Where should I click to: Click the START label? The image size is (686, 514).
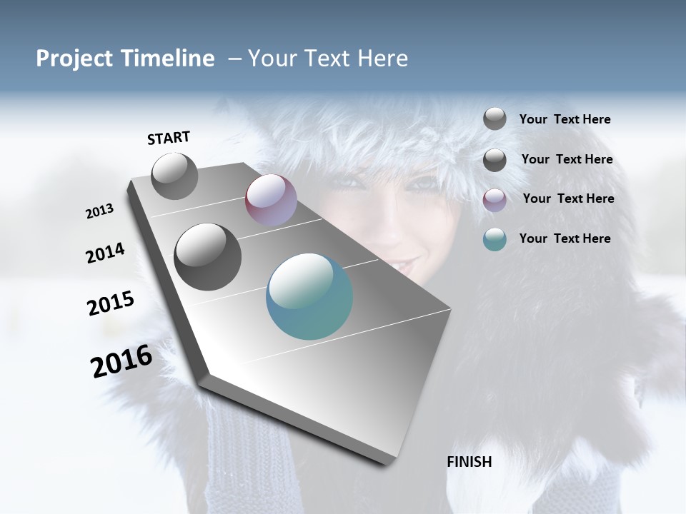pos(169,138)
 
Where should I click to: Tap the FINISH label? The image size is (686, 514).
pos(469,462)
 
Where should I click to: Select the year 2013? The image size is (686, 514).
pos(100,211)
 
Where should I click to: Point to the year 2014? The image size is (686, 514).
pos(105,253)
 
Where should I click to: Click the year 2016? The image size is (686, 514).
pos(121,361)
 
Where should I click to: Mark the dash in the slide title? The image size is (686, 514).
pos(234,59)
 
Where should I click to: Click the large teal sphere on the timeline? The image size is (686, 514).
pos(309,296)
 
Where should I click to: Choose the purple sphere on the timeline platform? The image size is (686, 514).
pos(271,200)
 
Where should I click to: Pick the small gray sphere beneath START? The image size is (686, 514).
pos(174,176)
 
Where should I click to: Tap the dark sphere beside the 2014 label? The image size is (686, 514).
pos(208,257)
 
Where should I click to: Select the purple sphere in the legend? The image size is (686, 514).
pos(494,200)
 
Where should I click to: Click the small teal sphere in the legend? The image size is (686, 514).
pos(494,240)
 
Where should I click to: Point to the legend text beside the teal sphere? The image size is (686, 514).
pos(565,238)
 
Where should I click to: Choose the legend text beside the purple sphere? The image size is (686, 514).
pos(568,198)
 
